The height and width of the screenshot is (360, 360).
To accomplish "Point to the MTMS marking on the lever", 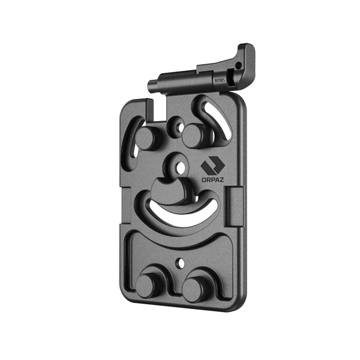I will click(x=219, y=79).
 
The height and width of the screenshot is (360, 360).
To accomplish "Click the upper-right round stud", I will click(x=194, y=136).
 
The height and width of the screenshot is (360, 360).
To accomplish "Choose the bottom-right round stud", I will click(x=194, y=289).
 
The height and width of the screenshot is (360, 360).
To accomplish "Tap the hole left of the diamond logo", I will click(x=176, y=164).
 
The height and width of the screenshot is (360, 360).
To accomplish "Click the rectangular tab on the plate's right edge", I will click(x=236, y=197).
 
